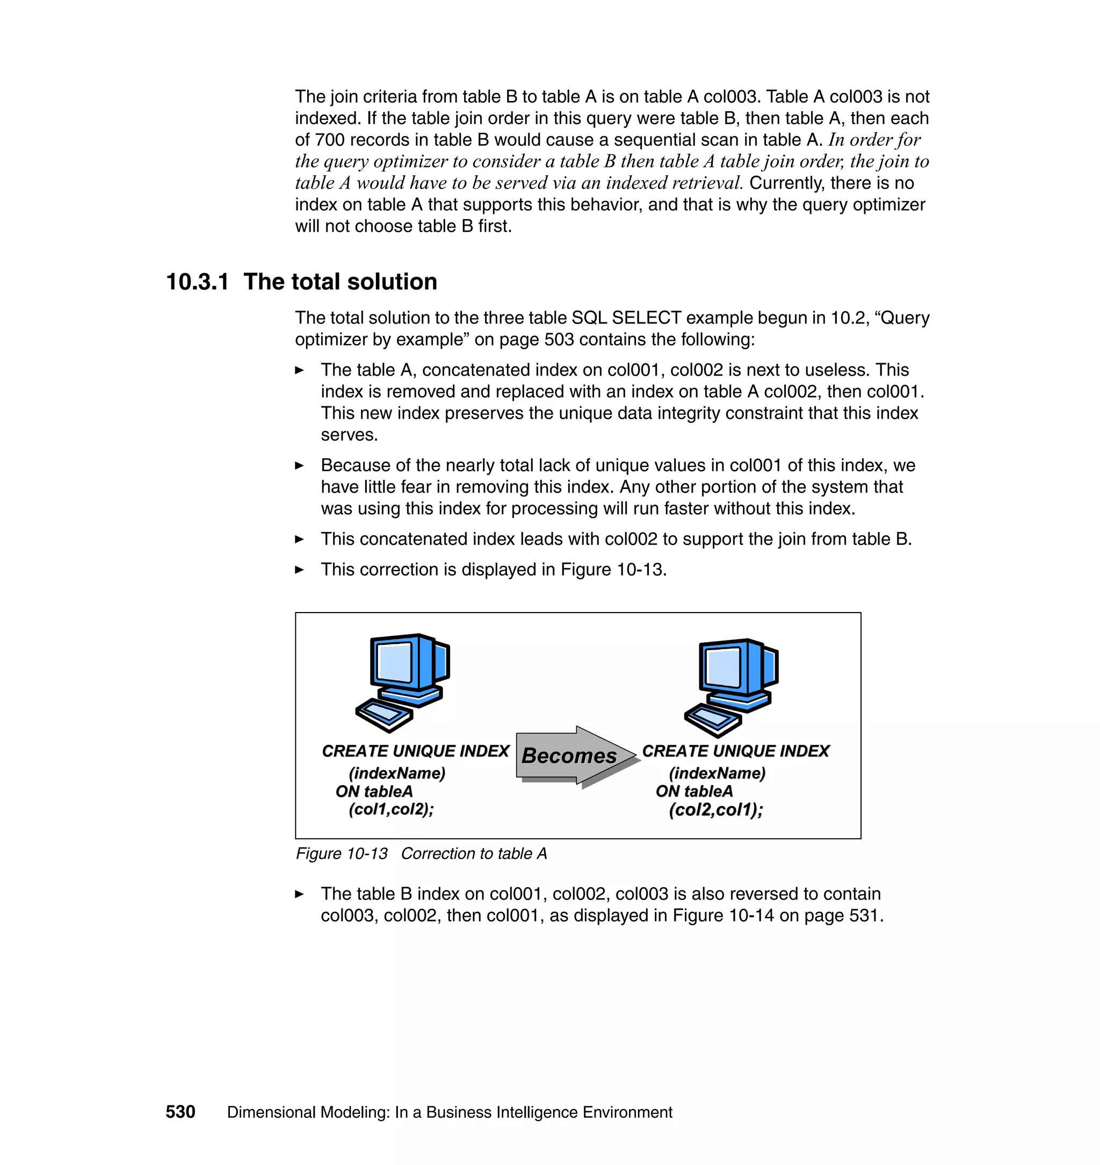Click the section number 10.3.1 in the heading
pyautogui.click(x=197, y=282)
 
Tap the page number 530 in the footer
pyautogui.click(x=180, y=1112)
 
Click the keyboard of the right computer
pyautogui.click(x=712, y=718)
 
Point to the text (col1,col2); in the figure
pyautogui.click(x=391, y=809)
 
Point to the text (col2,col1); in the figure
pyautogui.click(x=715, y=810)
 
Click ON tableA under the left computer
pyautogui.click(x=374, y=792)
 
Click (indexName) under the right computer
pyautogui.click(x=717, y=773)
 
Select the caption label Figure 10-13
pyautogui.click(x=341, y=853)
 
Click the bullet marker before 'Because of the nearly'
pyautogui.click(x=299, y=466)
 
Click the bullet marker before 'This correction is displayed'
pyautogui.click(x=299, y=570)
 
